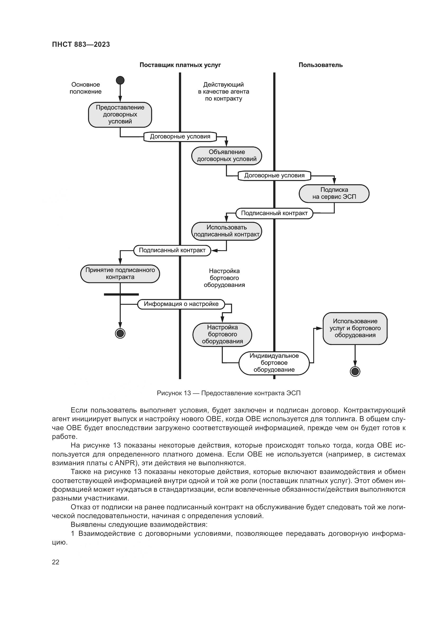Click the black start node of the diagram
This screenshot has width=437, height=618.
(120, 80)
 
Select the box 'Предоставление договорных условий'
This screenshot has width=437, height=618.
(120, 114)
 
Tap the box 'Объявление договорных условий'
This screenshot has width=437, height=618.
(227, 156)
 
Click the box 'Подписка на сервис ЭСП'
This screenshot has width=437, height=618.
(334, 193)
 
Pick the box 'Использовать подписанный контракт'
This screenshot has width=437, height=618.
(227, 231)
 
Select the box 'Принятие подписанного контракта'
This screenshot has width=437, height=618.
(120, 273)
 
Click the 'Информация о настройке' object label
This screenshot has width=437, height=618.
(181, 304)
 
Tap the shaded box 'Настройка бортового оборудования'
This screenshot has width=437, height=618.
(222, 334)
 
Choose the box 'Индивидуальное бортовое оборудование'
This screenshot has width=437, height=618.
(274, 363)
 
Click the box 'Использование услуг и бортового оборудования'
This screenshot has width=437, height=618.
(355, 328)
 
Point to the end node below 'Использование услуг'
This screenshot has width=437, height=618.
(355, 371)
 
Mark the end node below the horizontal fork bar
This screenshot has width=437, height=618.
(120, 333)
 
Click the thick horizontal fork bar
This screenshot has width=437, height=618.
(121, 294)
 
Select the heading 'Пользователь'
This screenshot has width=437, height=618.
(320, 65)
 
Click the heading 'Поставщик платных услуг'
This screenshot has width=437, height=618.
(180, 65)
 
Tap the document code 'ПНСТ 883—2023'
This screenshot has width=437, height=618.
(81, 44)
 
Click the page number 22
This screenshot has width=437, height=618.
(55, 562)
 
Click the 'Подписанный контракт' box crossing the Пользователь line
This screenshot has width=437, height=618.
(274, 213)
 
